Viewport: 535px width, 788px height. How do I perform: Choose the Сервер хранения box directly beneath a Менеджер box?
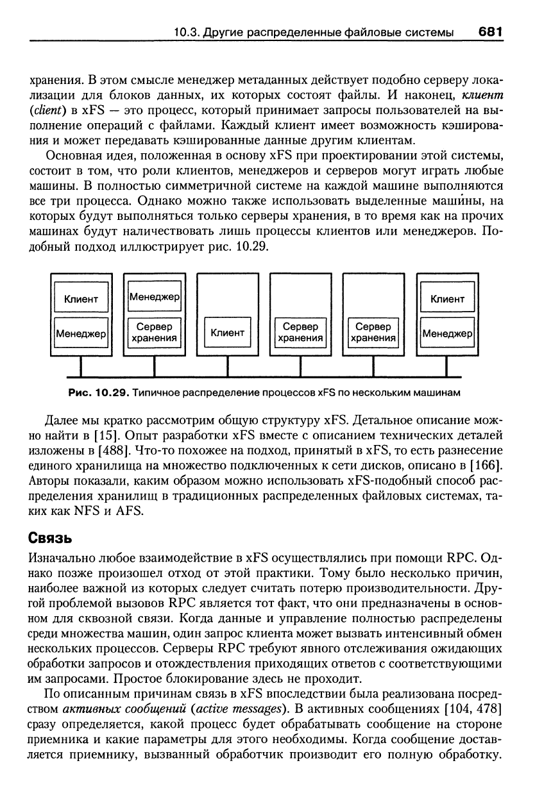155,333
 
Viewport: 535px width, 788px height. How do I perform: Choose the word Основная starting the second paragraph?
72,157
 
